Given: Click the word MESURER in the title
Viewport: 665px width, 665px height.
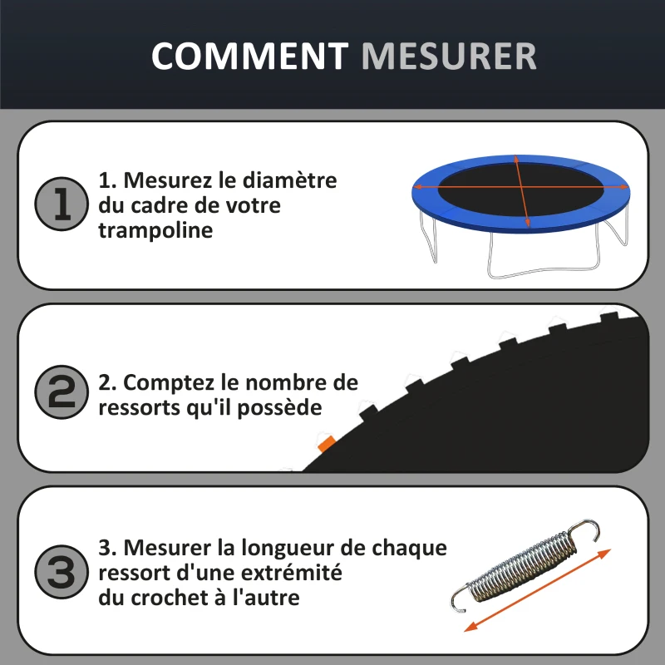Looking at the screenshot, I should (449, 56).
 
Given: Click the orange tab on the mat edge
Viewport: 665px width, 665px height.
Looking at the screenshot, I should (325, 442).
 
